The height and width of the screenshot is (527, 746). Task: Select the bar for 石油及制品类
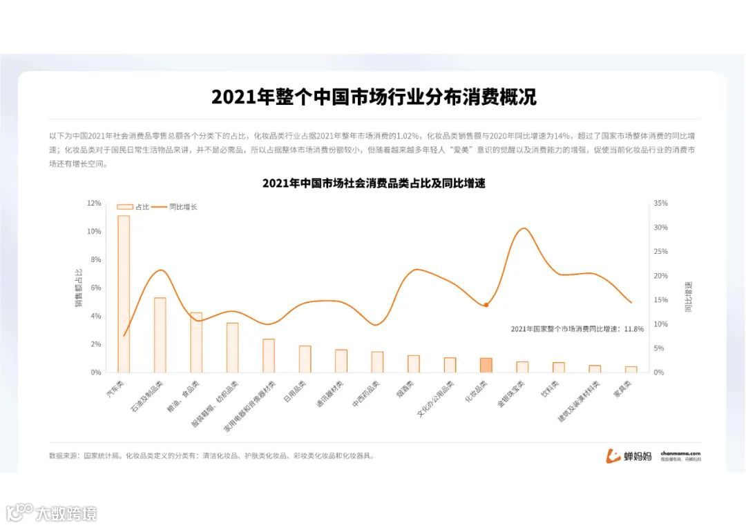click(160, 335)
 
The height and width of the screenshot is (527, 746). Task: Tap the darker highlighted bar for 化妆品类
click(486, 365)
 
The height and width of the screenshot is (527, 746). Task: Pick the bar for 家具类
click(631, 369)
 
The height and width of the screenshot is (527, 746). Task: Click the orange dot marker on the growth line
click(486, 304)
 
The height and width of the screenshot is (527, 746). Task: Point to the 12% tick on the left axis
click(94, 203)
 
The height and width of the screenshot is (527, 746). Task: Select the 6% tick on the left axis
click(95, 288)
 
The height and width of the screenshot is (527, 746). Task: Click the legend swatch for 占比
click(124, 206)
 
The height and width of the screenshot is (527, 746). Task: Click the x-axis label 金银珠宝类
click(512, 393)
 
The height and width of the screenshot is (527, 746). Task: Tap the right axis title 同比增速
click(688, 296)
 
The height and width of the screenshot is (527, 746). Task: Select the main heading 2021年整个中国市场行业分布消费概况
click(374, 97)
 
